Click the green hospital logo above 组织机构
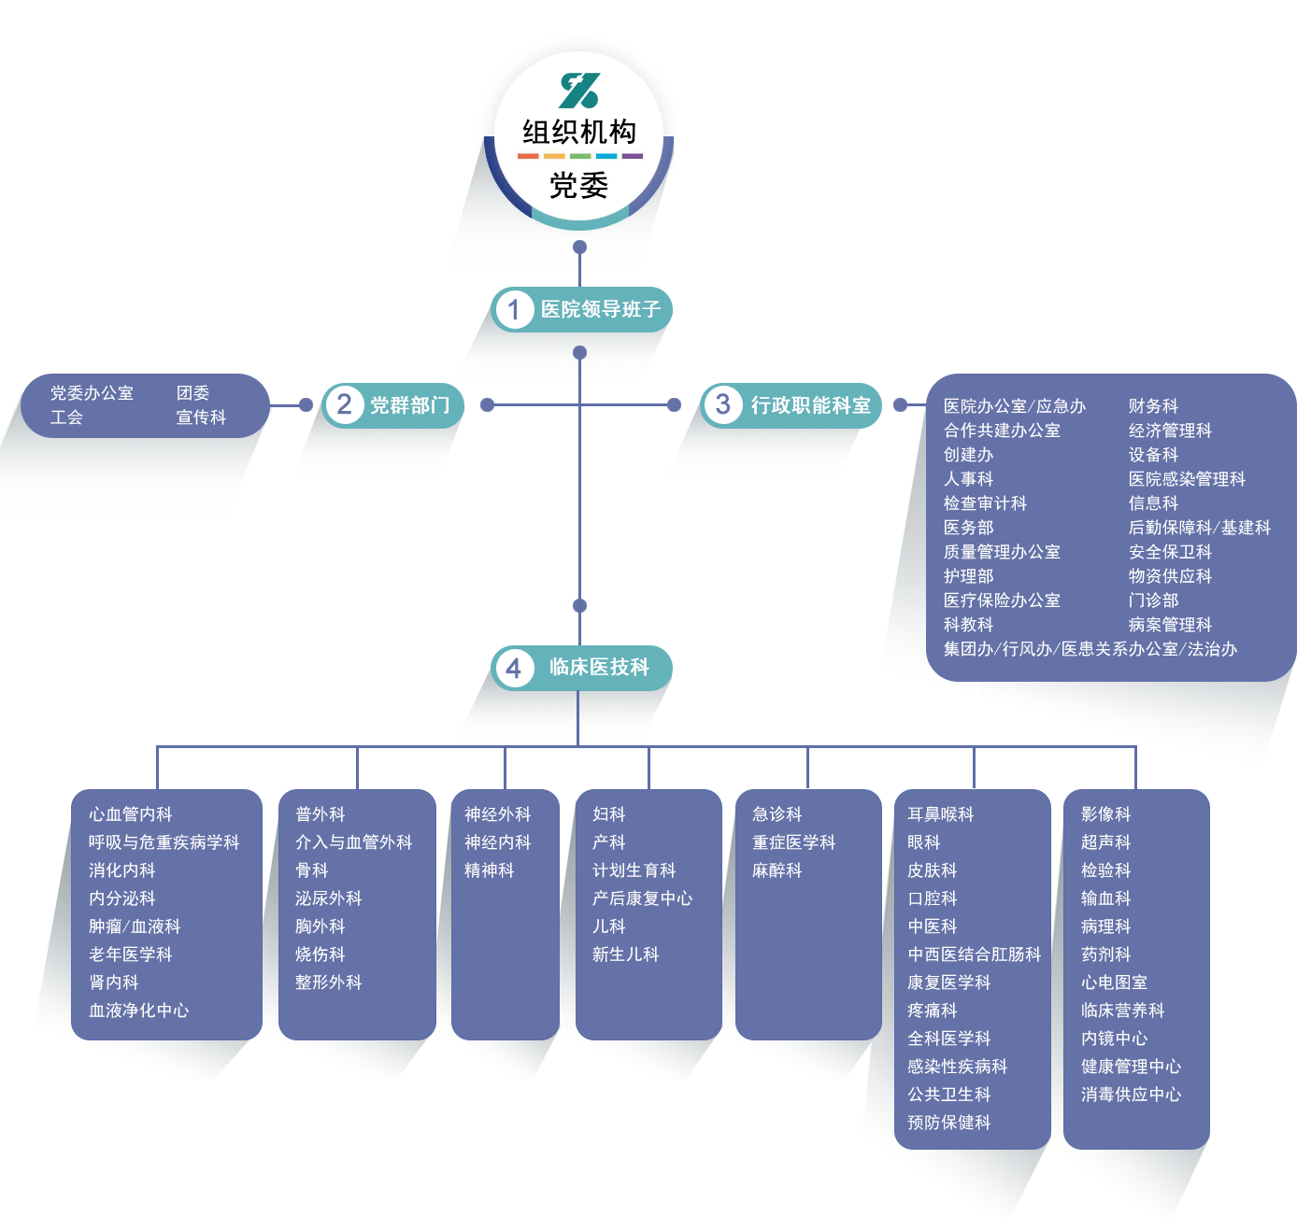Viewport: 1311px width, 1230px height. [x=579, y=91]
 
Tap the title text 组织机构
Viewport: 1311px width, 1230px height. [x=579, y=132]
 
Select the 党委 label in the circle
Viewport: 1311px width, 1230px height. [x=579, y=186]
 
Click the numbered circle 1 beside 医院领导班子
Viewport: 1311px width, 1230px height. [x=513, y=309]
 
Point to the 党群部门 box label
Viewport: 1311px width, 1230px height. [x=409, y=405]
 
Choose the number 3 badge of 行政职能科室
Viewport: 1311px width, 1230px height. [x=722, y=404]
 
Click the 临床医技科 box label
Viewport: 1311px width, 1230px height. [x=599, y=667]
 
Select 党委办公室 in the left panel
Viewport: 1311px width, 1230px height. [x=92, y=393]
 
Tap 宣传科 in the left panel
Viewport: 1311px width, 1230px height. [x=201, y=417]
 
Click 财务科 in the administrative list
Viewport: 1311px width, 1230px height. [x=1153, y=406]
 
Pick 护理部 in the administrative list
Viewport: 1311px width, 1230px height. [x=968, y=576]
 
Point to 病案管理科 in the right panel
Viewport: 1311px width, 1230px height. [x=1170, y=625]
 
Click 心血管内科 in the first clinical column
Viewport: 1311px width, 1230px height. [x=130, y=814]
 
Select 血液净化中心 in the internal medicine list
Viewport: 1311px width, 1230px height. [x=138, y=1011]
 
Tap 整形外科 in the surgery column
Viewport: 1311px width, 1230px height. [x=328, y=983]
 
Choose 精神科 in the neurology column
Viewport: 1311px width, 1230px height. [x=489, y=870]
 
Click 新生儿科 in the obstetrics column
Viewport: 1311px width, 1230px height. [x=625, y=954]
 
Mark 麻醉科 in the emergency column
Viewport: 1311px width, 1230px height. [x=777, y=870]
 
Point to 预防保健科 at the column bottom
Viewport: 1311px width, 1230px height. [x=948, y=1123]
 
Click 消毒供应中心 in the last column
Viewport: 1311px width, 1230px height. [x=1131, y=1095]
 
